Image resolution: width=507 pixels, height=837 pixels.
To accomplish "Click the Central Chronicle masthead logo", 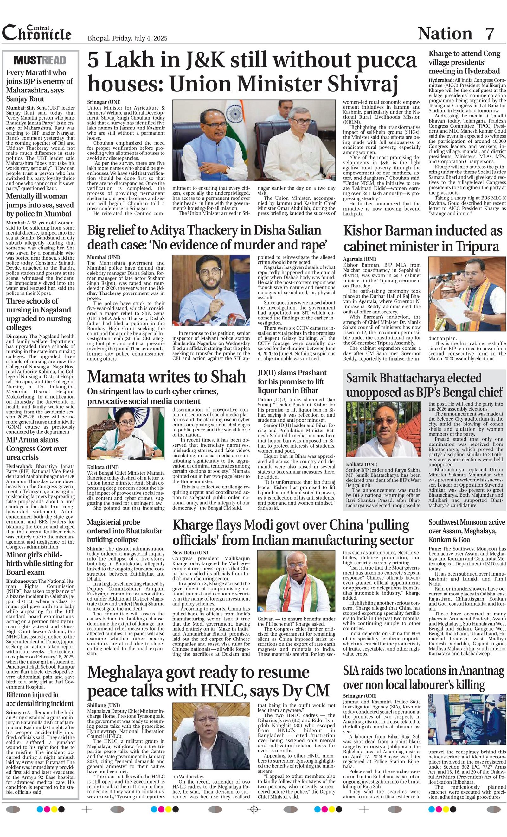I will pos(37,33).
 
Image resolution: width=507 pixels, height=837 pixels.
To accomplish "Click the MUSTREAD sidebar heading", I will pos(40,60).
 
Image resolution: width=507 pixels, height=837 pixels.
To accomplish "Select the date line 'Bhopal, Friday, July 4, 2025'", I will pos(127,38).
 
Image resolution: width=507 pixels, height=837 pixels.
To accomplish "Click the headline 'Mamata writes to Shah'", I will pos(167,377).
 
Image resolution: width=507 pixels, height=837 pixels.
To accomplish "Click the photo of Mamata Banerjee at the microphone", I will pos(125,434).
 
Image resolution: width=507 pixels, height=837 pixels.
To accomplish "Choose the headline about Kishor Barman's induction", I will pos(422,238).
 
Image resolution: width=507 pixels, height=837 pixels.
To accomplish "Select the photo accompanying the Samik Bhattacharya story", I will pos(383,429).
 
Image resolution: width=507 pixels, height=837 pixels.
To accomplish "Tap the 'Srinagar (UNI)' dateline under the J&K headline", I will pos(104,102).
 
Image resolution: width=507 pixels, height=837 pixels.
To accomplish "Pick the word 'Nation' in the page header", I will pos(445,33).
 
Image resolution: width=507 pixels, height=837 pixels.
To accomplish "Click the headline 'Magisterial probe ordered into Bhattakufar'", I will pos(125,531).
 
